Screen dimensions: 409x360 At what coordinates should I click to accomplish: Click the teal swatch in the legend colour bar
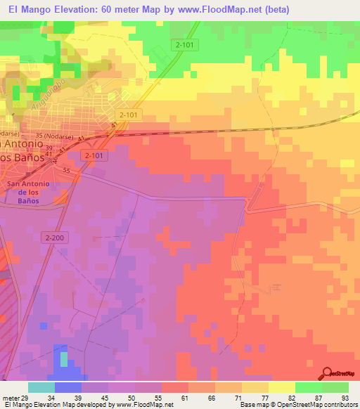pyautogui.click(x=41, y=387)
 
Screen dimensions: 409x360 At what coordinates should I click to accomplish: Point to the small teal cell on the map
pyautogui.click(x=64, y=359)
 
